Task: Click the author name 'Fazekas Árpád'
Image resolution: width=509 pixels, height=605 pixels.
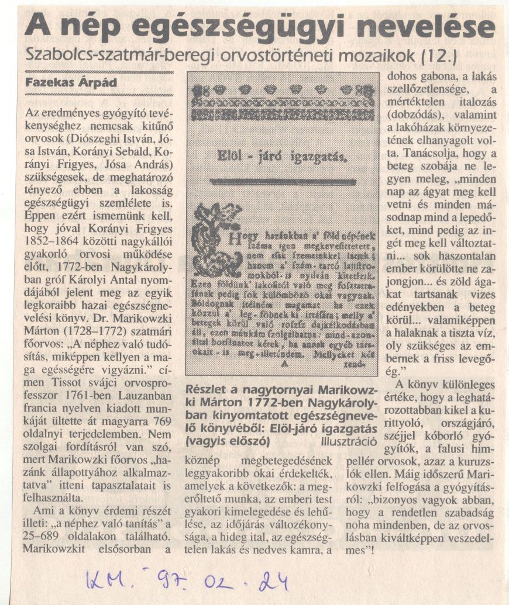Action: (64, 84)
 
